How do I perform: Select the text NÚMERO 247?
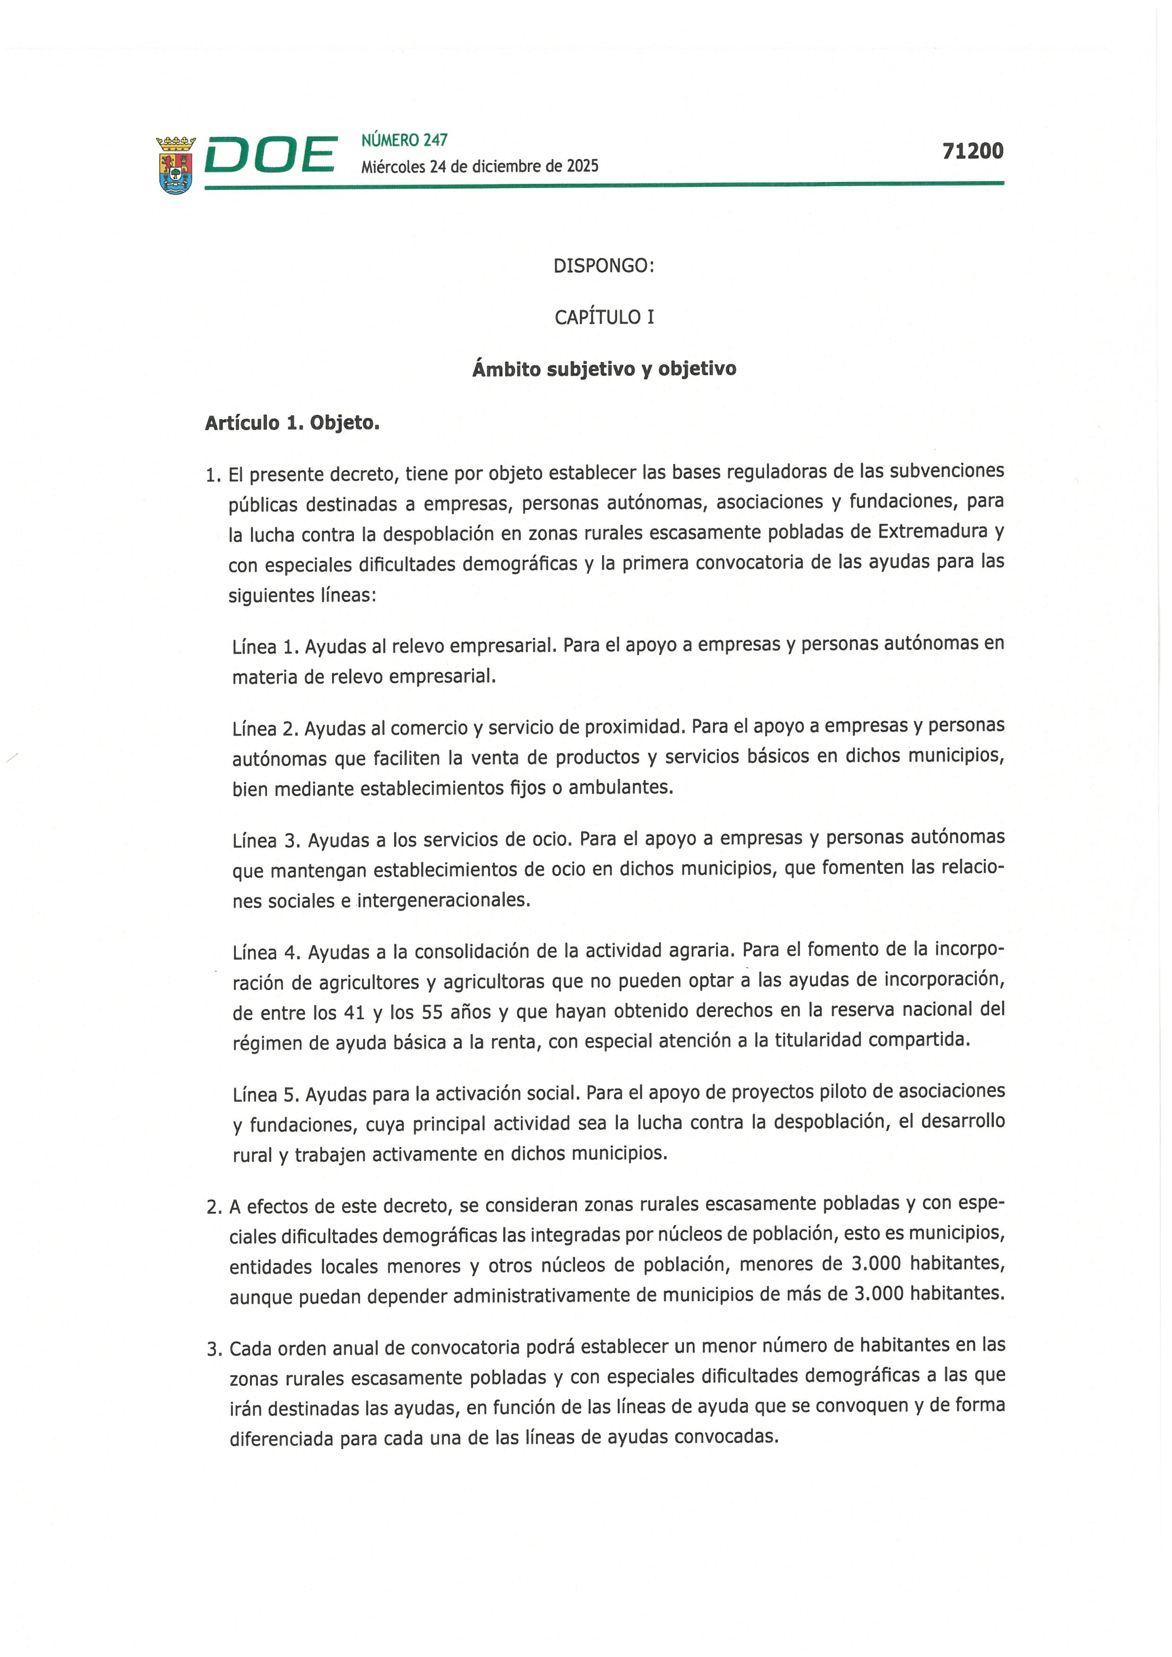pyautogui.click(x=404, y=140)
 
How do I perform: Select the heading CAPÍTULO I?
pyautogui.click(x=604, y=318)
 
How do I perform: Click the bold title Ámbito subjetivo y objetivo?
pyautogui.click(x=604, y=369)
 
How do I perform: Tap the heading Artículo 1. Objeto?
pyautogui.click(x=292, y=423)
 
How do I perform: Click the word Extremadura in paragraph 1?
pyautogui.click(x=934, y=532)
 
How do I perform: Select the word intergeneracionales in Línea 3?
pyautogui.click(x=443, y=901)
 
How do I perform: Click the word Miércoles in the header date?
pyautogui.click(x=393, y=167)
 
